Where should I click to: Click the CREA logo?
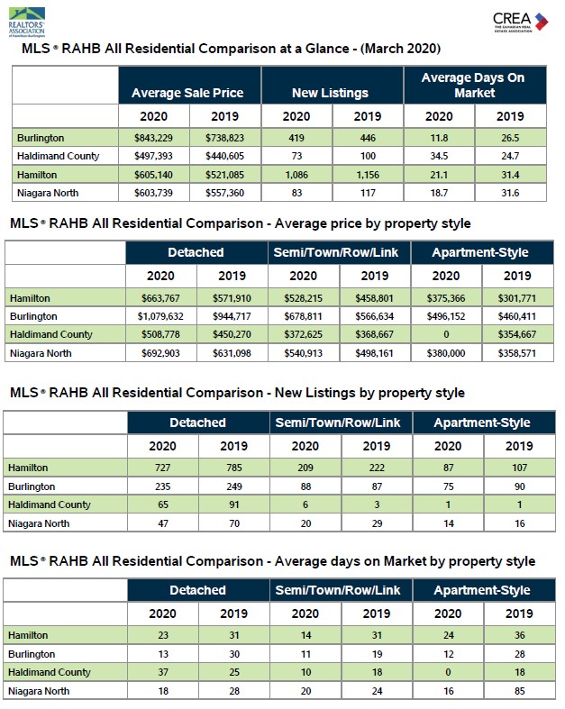[x=520, y=22]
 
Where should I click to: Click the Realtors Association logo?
[x=27, y=23]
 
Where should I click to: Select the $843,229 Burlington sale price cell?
[x=153, y=138]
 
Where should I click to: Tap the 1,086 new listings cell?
[x=296, y=175]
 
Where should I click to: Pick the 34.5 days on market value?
[x=439, y=156]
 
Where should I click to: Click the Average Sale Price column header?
[x=187, y=93]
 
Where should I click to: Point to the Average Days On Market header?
[x=474, y=85]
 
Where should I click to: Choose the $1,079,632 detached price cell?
[x=160, y=316]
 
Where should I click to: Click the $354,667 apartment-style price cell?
[x=517, y=334]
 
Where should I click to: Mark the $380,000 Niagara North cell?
[x=445, y=353]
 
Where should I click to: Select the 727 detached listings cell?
[x=162, y=468]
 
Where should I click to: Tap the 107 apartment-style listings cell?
[x=519, y=468]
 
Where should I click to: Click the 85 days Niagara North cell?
[x=519, y=691]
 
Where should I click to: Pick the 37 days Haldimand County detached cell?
[x=163, y=672]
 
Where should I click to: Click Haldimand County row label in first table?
[x=58, y=156]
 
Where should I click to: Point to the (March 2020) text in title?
[x=400, y=49]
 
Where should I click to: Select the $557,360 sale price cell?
[x=224, y=193]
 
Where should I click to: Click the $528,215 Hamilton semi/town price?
[x=303, y=298]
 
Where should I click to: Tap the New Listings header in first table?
[x=330, y=93]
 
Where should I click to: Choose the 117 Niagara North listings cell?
[x=368, y=193]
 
